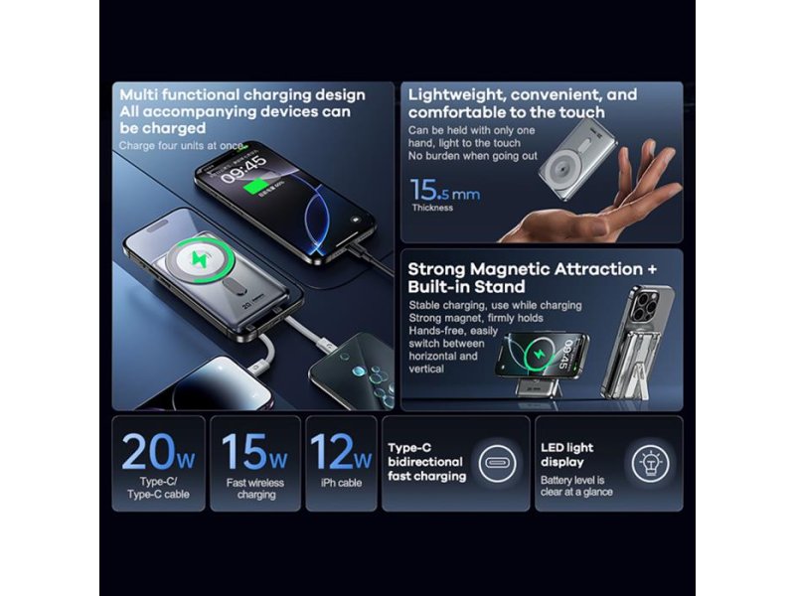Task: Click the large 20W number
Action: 158,451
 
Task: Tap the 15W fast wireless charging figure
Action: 254,451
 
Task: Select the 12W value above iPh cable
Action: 341,451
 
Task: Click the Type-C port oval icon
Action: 498,462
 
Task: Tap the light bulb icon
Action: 651,462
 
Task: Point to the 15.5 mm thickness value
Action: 444,190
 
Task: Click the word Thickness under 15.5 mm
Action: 432,208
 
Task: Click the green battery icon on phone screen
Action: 258,188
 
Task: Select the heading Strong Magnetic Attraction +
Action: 533,268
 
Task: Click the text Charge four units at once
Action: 181,146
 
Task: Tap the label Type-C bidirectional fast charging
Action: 427,462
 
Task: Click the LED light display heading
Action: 566,455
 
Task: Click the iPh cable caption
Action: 341,483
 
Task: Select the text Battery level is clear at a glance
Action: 576,486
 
